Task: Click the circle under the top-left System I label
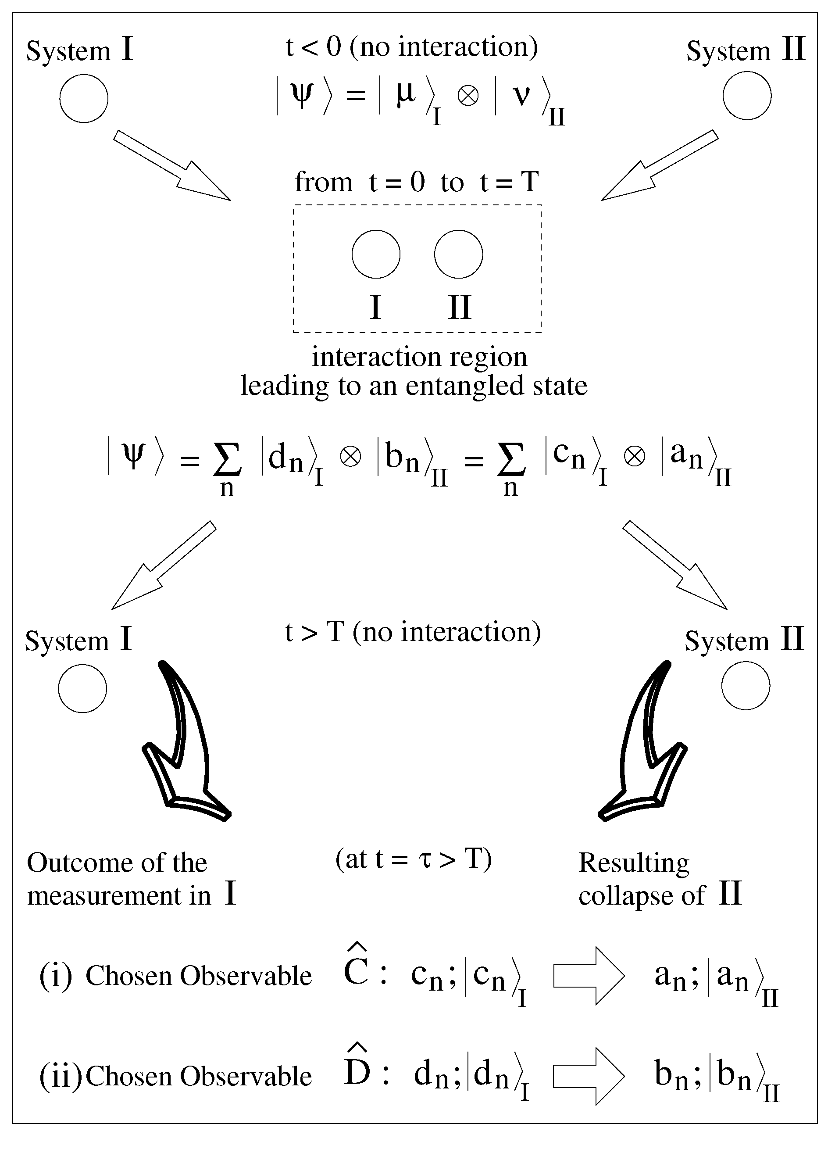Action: pyautogui.click(x=84, y=98)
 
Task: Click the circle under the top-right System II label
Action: pyautogui.click(x=746, y=96)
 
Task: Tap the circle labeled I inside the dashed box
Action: pyautogui.click(x=376, y=254)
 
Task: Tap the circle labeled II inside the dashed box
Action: pyautogui.click(x=458, y=254)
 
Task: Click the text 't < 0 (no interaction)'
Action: pyautogui.click(x=412, y=47)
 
